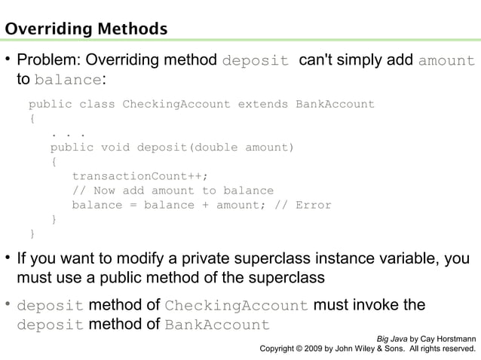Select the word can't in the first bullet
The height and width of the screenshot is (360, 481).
316,60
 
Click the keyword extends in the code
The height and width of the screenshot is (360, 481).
263,104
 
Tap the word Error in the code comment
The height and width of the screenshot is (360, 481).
313,205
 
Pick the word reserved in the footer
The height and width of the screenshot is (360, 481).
455,349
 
